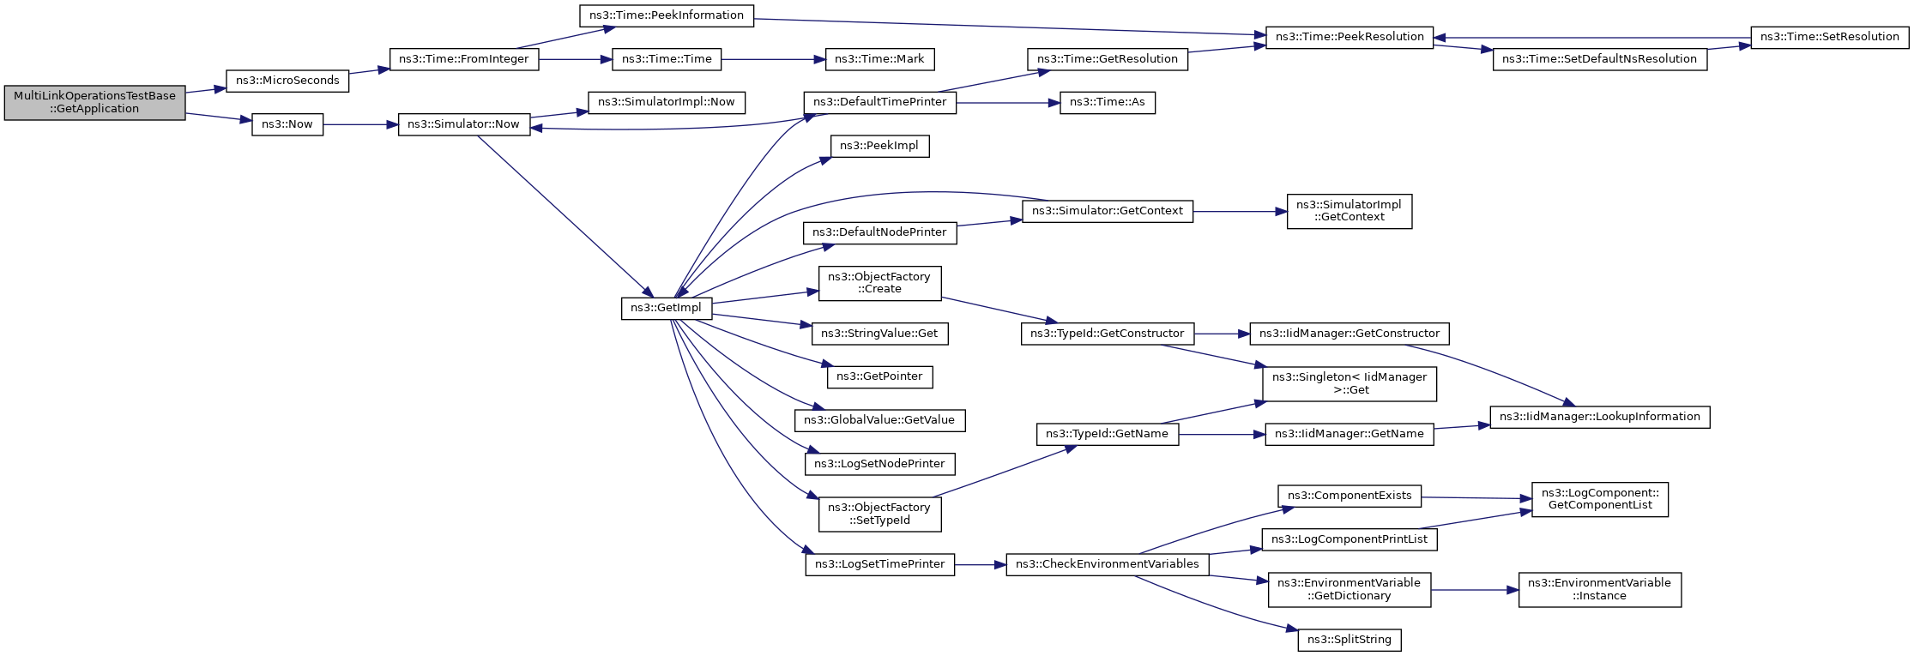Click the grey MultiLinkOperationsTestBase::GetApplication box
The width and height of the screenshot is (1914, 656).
click(x=94, y=103)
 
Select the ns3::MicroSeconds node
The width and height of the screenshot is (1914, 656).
click(x=287, y=81)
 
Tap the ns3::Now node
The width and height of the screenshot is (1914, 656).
click(x=287, y=124)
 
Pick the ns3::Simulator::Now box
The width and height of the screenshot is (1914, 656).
click(x=463, y=124)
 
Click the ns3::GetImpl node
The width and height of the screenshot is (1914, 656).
click(x=666, y=308)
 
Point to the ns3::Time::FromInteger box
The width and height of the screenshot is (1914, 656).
click(x=464, y=59)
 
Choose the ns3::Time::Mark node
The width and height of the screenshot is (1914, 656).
click(x=879, y=59)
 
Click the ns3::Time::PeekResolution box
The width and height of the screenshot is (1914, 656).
click(x=1349, y=37)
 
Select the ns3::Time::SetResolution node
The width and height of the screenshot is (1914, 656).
click(x=1829, y=37)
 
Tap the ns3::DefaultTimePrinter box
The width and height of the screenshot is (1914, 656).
click(x=879, y=102)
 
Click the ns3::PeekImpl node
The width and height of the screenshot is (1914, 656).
click(x=879, y=146)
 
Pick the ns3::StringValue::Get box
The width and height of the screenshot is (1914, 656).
click(x=879, y=334)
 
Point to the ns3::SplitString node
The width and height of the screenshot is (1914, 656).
click(x=1349, y=640)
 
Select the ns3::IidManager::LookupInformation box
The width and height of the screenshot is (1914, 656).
click(x=1599, y=417)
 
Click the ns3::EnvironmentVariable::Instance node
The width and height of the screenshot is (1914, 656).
click(x=1599, y=589)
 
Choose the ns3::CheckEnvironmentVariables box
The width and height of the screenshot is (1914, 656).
click(x=1107, y=564)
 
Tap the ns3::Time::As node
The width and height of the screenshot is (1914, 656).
click(x=1107, y=102)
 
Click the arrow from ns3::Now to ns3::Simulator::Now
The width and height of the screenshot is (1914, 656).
click(x=360, y=124)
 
